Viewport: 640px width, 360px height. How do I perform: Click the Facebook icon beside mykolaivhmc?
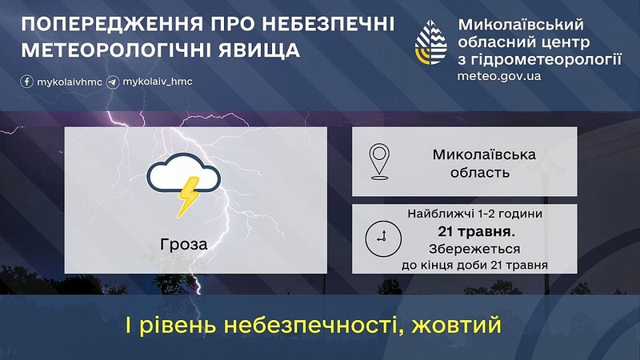[x=27, y=82]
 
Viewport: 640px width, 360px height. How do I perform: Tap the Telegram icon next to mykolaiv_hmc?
[x=113, y=82]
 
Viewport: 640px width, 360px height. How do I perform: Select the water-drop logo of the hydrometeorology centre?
[x=430, y=42]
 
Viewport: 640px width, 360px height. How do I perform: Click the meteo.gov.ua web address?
[x=498, y=76]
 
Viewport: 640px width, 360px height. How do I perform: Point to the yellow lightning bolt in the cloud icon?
[x=188, y=196]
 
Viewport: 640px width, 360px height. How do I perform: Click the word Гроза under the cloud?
[x=184, y=244]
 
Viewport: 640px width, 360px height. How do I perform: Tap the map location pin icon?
[x=379, y=162]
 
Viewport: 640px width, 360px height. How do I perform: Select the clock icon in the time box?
[x=383, y=238]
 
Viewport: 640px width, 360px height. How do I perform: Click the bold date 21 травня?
[x=476, y=231]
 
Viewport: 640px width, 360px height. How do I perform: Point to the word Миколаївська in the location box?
[x=484, y=154]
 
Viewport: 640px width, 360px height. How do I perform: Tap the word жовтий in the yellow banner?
[x=456, y=326]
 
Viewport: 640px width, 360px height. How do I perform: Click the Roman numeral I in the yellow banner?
[x=128, y=326]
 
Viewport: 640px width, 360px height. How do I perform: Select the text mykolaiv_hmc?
[x=158, y=82]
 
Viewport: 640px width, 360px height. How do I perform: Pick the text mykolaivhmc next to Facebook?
[x=70, y=82]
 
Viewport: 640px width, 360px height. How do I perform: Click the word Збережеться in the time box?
[x=474, y=249]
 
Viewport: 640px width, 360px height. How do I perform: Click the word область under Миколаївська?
[x=480, y=172]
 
